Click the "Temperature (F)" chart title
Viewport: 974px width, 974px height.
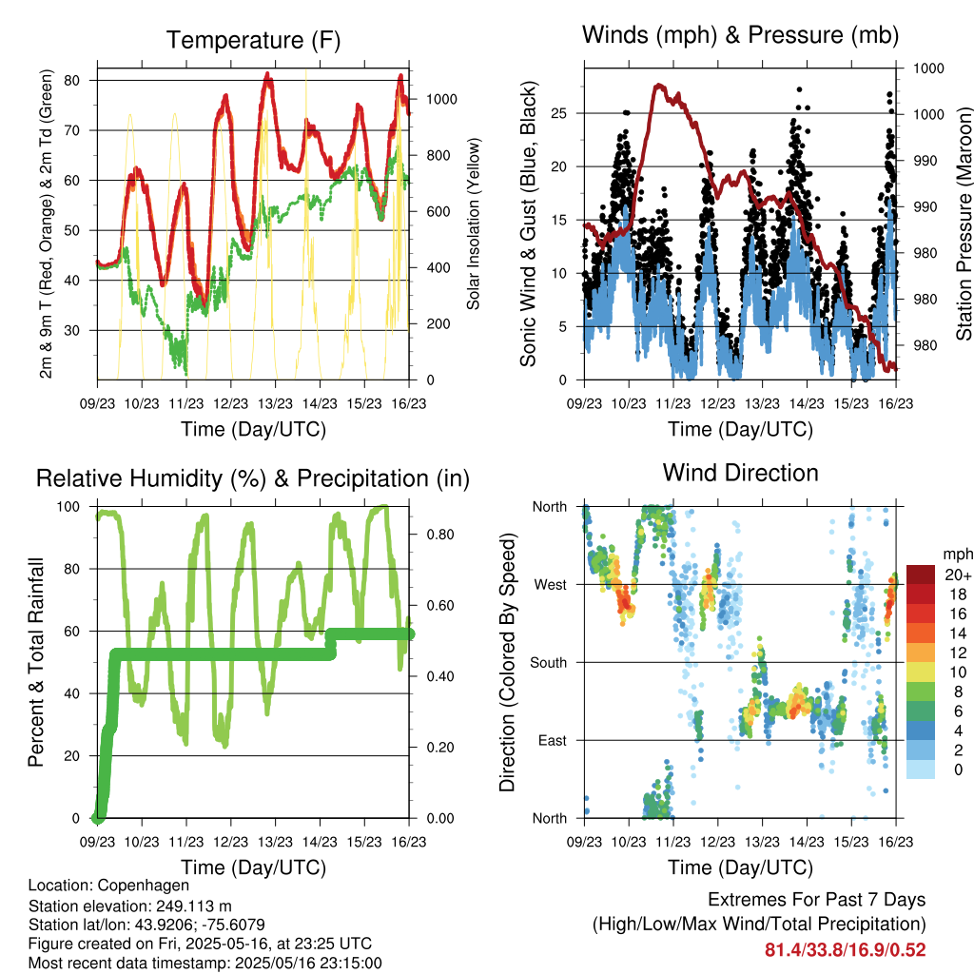[x=253, y=40]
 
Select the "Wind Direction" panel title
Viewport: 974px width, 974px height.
[x=740, y=473]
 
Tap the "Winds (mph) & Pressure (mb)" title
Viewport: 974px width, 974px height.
[x=740, y=35]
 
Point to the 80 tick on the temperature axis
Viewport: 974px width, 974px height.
[x=72, y=80]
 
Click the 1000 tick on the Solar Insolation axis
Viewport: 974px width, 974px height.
[x=441, y=99]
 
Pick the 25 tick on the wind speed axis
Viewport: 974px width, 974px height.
[x=558, y=113]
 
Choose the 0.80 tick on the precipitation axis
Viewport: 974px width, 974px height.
[x=440, y=535]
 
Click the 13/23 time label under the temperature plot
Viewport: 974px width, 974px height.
[x=275, y=403]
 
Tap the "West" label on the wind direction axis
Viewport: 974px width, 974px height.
[x=551, y=585]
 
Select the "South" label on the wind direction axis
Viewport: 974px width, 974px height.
[x=549, y=663]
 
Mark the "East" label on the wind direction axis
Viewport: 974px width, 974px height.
[x=553, y=740]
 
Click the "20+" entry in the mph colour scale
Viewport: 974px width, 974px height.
[x=957, y=575]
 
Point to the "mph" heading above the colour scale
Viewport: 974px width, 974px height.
[x=957, y=555]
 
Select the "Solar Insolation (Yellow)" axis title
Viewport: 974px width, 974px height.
[x=474, y=224]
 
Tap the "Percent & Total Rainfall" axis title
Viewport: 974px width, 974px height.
[x=36, y=662]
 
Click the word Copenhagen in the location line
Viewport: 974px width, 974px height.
[x=144, y=886]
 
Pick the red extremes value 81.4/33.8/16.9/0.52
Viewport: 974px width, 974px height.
[x=845, y=950]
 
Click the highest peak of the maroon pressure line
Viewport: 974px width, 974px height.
[x=659, y=85]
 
